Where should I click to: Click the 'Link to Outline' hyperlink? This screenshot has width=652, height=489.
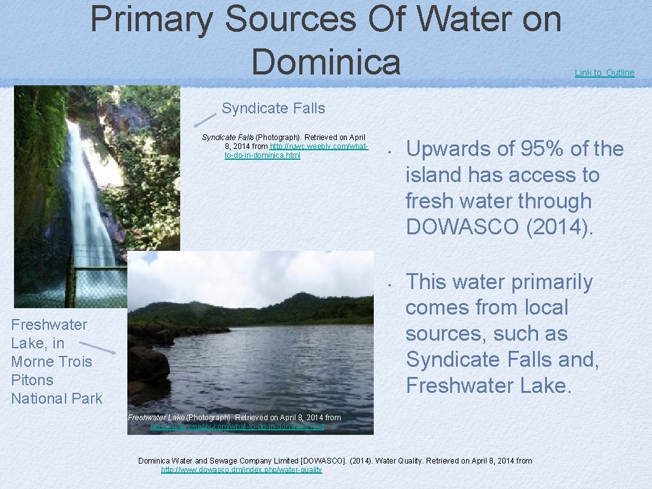click(x=604, y=73)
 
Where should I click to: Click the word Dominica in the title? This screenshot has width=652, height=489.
click(x=326, y=62)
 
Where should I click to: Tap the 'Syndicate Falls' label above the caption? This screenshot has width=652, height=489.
click(x=273, y=108)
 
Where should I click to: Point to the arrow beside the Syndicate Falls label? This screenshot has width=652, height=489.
click(x=206, y=118)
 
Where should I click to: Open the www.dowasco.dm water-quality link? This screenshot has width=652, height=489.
click(x=241, y=470)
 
